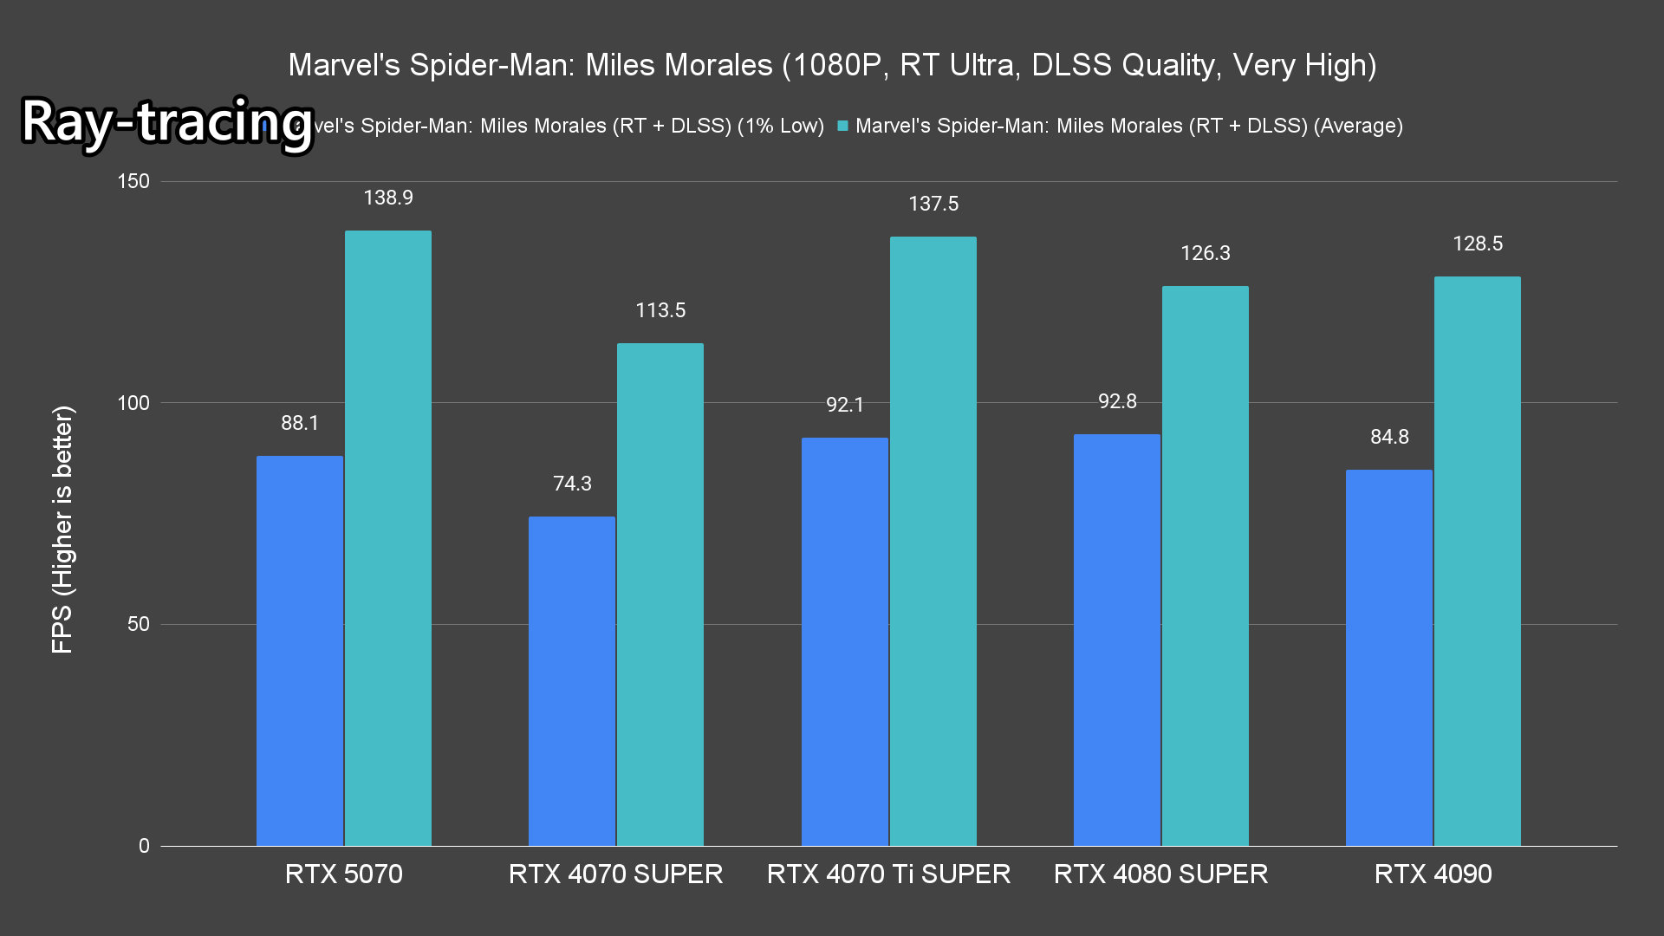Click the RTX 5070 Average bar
click(x=387, y=537)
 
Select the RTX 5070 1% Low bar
click(x=299, y=650)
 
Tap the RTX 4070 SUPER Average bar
click(x=660, y=595)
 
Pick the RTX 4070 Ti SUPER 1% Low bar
click(x=844, y=641)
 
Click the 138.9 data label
click(x=387, y=198)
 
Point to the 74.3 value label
click(x=572, y=484)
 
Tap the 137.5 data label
click(x=933, y=204)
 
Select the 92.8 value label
click(x=1116, y=401)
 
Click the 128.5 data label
click(x=1477, y=244)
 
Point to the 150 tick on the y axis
click(x=133, y=181)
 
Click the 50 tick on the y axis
click(x=139, y=624)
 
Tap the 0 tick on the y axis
click(x=144, y=846)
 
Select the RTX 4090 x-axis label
click(x=1433, y=874)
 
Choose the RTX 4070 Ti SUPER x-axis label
click(x=888, y=874)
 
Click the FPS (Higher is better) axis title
click(x=62, y=529)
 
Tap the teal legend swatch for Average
click(x=842, y=126)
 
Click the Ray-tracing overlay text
click(x=166, y=121)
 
